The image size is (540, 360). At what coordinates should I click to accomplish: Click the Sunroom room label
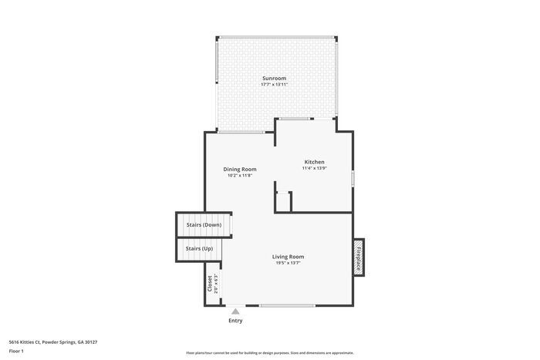click(275, 78)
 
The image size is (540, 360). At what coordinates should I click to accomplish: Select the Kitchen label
click(314, 162)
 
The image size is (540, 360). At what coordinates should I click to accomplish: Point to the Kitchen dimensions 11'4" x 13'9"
click(314, 168)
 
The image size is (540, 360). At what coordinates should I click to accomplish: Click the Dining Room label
click(240, 169)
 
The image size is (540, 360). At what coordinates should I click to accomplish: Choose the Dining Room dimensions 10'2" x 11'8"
click(240, 175)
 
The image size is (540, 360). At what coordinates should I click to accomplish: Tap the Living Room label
click(288, 256)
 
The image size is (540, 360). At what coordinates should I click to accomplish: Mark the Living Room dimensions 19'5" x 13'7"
click(288, 263)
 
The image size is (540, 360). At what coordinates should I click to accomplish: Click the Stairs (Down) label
click(204, 224)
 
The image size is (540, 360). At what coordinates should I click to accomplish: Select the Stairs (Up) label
click(199, 248)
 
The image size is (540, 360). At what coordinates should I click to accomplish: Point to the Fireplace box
click(358, 256)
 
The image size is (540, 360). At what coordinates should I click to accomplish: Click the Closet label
click(209, 283)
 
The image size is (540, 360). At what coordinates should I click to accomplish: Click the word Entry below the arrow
click(235, 321)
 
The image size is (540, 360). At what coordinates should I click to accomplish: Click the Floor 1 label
click(16, 351)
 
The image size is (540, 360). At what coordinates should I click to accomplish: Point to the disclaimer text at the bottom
click(269, 352)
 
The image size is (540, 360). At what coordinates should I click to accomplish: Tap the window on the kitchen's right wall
click(353, 178)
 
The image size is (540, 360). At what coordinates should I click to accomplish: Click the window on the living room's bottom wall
click(286, 306)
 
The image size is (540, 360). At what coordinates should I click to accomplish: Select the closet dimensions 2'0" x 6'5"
click(217, 283)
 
